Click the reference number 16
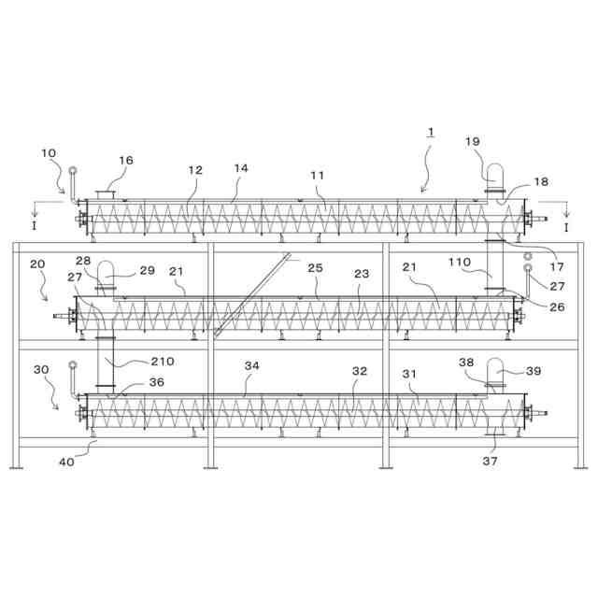(x=125, y=160)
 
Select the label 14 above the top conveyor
(x=241, y=168)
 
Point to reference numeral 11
(x=318, y=175)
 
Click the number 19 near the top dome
(x=473, y=141)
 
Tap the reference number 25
(x=315, y=268)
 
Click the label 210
(x=163, y=362)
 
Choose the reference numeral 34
(x=251, y=366)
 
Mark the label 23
(x=362, y=274)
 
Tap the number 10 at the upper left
(x=49, y=153)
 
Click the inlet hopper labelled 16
(x=106, y=193)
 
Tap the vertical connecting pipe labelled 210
(x=106, y=355)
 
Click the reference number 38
(x=466, y=362)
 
